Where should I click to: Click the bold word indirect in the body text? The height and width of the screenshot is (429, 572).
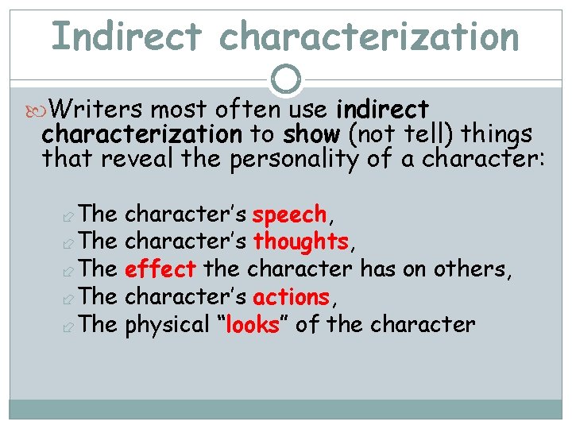(x=382, y=110)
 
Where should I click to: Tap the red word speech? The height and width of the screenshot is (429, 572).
(x=289, y=214)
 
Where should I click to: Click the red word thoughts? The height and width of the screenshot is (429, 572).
(x=300, y=242)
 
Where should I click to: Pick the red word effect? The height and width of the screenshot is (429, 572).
(x=160, y=269)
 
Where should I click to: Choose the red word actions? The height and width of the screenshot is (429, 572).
(x=291, y=297)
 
